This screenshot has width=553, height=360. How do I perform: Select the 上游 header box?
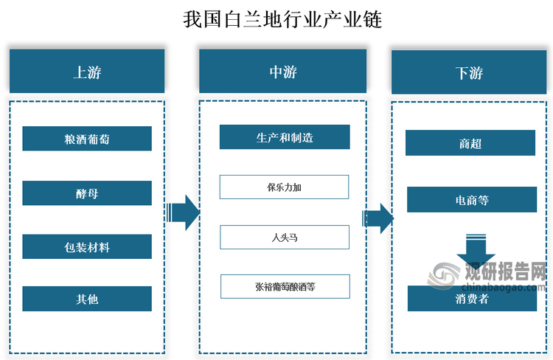point(87,72)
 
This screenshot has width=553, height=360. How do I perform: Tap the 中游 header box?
point(282,72)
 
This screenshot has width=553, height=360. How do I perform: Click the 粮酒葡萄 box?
point(87,139)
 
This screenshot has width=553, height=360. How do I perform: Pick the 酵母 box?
point(87,193)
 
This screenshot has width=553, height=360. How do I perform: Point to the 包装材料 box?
point(87,247)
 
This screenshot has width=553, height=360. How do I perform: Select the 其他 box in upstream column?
point(87,299)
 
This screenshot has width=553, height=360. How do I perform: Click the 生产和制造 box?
point(285,137)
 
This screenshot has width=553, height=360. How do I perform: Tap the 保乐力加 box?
point(285,187)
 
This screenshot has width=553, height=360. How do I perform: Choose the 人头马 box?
point(285,237)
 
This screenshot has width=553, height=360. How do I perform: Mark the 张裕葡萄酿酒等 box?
point(285,286)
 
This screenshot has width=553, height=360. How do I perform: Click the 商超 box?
point(470,143)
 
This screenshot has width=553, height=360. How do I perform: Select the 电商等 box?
point(472,200)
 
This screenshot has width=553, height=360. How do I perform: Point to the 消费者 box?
point(472,299)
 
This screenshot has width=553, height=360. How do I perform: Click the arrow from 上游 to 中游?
point(182,213)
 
